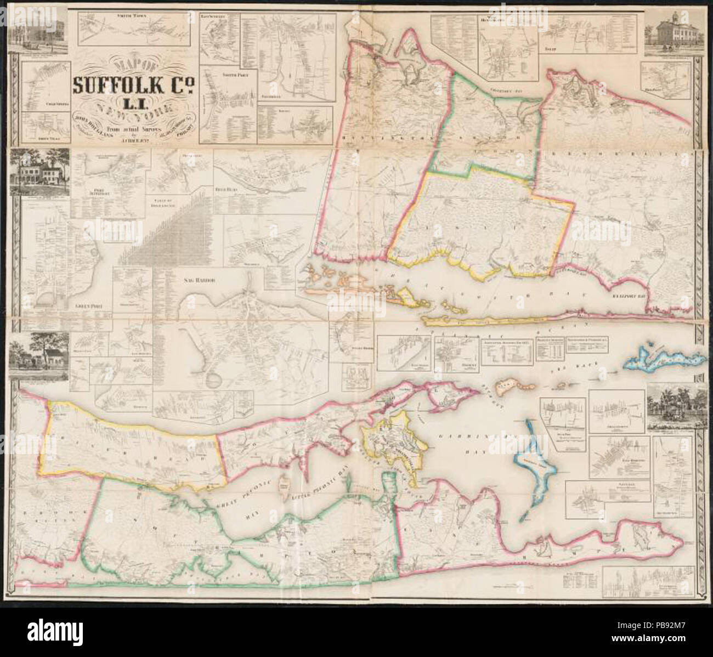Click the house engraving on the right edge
(672, 405)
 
